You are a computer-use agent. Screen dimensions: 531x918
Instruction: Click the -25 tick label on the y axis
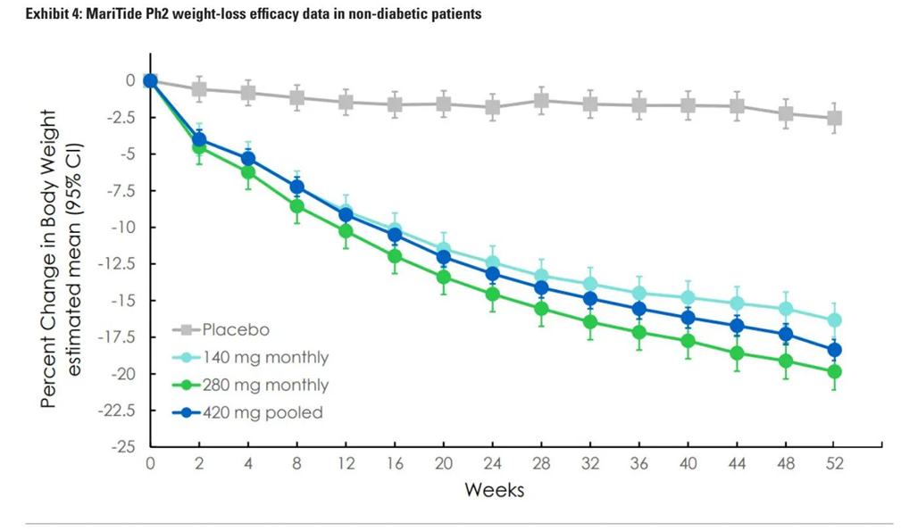pos(123,446)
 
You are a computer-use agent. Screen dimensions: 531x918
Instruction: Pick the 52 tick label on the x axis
pos(834,464)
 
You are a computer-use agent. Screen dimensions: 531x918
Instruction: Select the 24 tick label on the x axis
pos(492,464)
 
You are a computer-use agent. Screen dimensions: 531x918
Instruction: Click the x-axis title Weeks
pos(493,490)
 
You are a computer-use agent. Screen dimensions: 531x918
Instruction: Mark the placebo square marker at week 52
pos(834,118)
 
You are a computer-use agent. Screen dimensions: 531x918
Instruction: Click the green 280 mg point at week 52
pos(834,371)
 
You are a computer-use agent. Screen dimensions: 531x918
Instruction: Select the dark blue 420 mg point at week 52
pos(834,350)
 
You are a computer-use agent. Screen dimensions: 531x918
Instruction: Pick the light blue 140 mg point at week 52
pos(834,319)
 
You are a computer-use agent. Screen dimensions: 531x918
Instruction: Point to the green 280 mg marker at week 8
pos(297,206)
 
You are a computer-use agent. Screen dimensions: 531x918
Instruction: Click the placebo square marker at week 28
pos(541,100)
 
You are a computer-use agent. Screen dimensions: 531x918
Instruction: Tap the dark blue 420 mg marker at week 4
pos(248,159)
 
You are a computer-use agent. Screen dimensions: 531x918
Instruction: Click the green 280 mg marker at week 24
pos(492,294)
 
